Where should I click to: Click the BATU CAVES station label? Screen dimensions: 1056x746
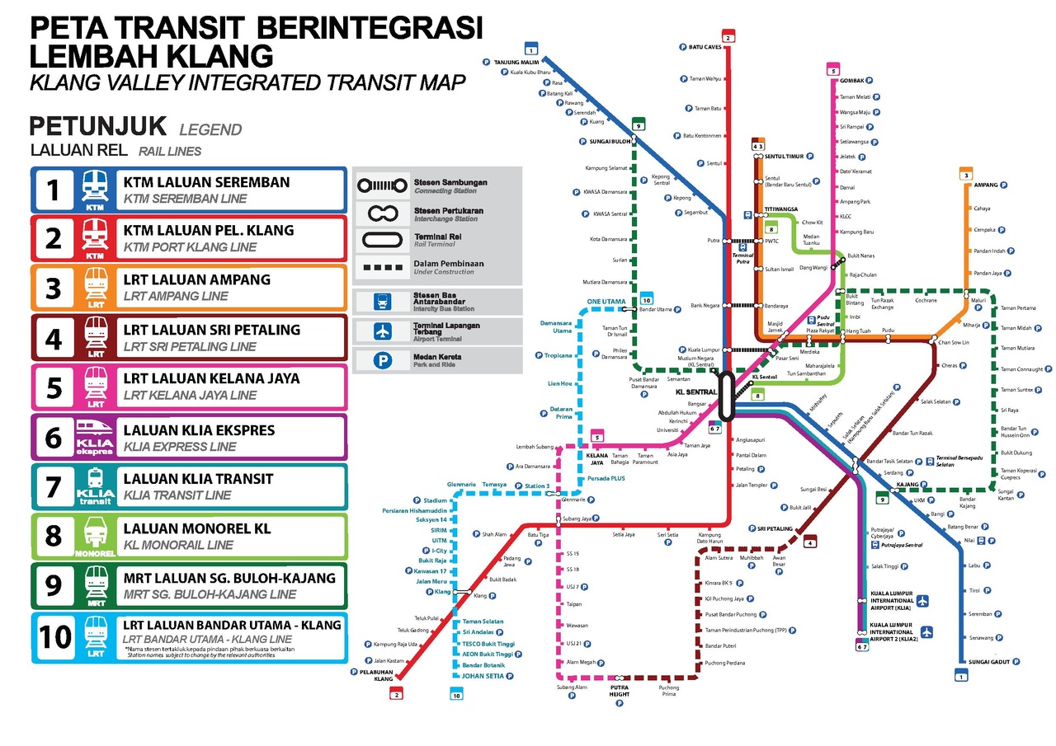[x=705, y=47]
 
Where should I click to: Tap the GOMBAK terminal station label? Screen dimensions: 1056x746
[x=853, y=81]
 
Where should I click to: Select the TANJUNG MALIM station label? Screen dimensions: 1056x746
[x=516, y=62]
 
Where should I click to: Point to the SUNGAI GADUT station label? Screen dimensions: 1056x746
[x=989, y=661]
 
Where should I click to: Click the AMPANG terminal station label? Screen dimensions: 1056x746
[x=987, y=185]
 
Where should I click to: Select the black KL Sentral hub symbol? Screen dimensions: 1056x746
[x=726, y=395]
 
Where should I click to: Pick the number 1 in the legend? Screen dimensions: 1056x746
[x=54, y=190]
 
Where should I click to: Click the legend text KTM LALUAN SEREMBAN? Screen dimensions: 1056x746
[x=206, y=182]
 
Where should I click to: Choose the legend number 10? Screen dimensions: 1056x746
[x=54, y=637]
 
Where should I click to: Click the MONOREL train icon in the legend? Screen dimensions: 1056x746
[x=95, y=537]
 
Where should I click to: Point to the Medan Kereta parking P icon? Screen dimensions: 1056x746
[x=381, y=360]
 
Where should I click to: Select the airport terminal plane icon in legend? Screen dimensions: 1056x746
[x=381, y=331]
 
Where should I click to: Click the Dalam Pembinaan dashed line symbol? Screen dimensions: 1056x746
[x=381, y=266]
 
